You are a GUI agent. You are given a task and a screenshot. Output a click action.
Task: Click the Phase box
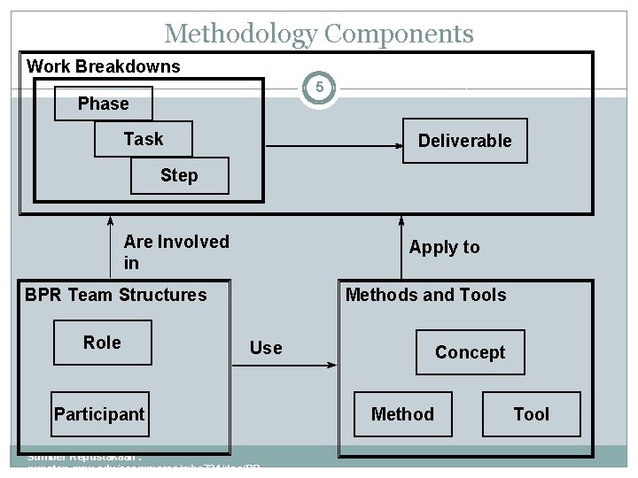pyautogui.click(x=103, y=104)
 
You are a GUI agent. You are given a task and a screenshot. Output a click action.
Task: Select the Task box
pyautogui.click(x=143, y=139)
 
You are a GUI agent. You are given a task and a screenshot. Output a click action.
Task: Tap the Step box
pyautogui.click(x=179, y=175)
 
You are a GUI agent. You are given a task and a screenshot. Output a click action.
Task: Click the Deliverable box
pyautogui.click(x=465, y=141)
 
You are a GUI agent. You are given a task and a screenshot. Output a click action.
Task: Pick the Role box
pyautogui.click(x=102, y=343)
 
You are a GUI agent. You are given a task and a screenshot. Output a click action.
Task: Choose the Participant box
pyautogui.click(x=99, y=414)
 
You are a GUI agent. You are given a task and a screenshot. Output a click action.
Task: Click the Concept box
pyautogui.click(x=470, y=352)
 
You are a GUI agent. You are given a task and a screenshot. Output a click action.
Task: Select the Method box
pyautogui.click(x=402, y=414)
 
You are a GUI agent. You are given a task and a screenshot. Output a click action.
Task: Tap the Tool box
pyautogui.click(x=532, y=414)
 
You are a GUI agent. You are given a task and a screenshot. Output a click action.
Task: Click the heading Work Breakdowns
pyautogui.click(x=104, y=66)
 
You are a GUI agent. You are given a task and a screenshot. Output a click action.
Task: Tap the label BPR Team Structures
pyautogui.click(x=116, y=295)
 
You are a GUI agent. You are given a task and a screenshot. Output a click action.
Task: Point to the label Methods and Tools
pyautogui.click(x=426, y=295)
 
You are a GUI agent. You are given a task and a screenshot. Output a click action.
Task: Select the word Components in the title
pyautogui.click(x=398, y=35)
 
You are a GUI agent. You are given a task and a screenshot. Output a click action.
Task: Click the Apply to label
pyautogui.click(x=444, y=247)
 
